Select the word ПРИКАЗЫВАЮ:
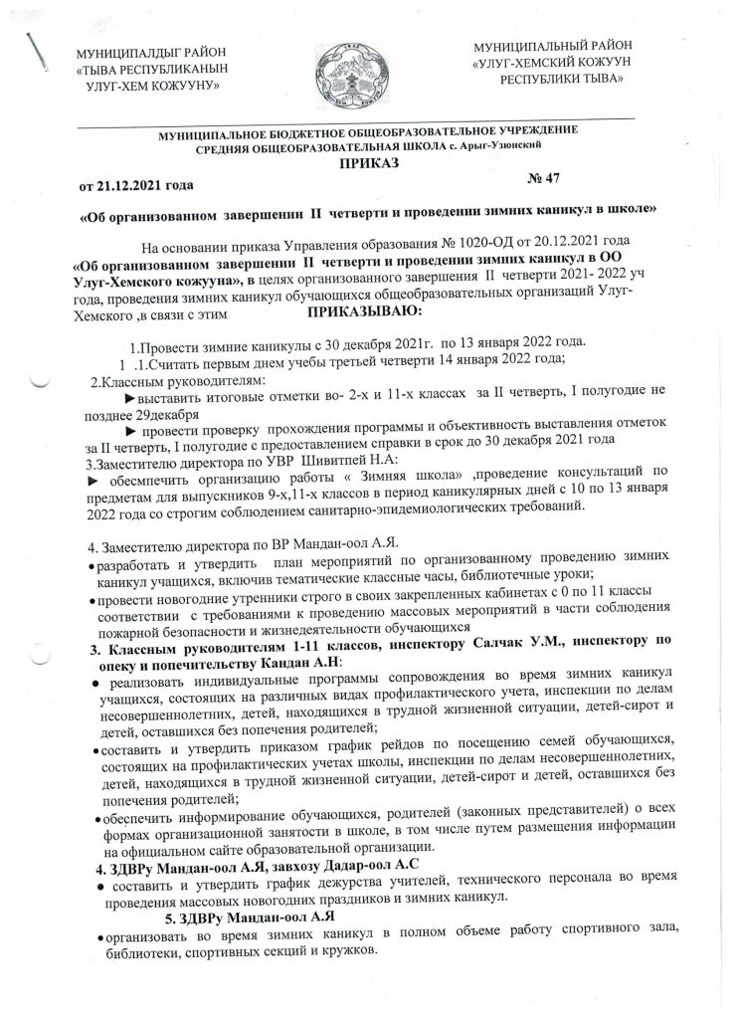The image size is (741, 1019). (367, 313)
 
